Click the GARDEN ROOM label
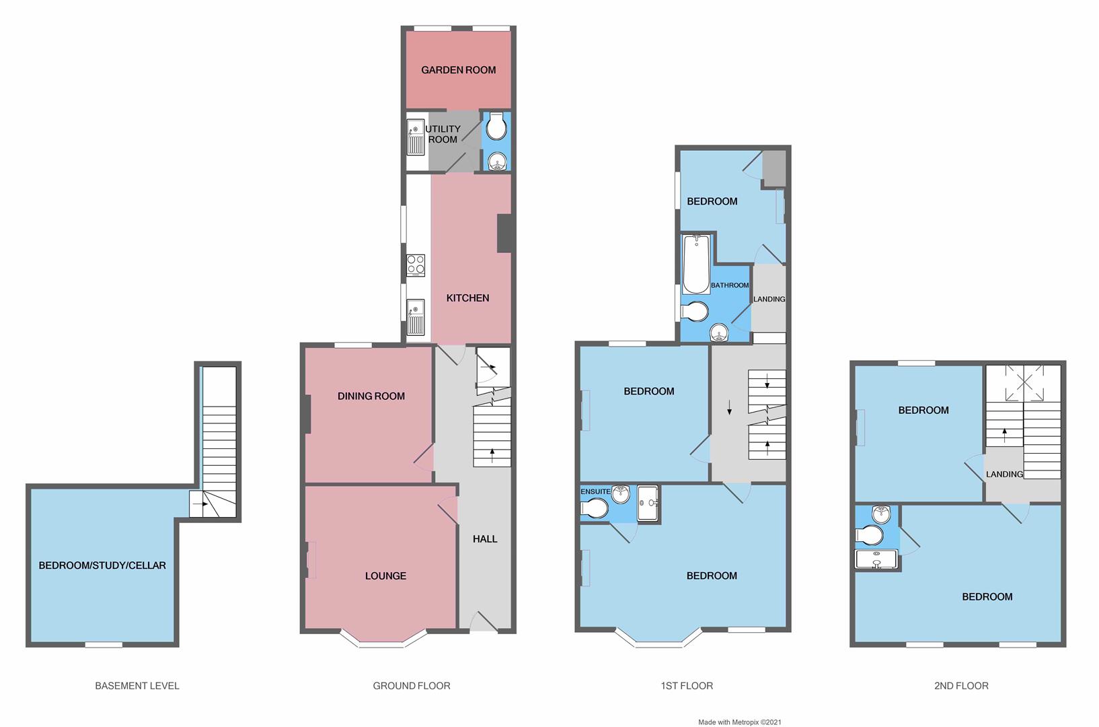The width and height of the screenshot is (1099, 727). pos(458,70)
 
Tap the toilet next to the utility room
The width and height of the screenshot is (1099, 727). pos(496,127)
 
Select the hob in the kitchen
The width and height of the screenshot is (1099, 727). pos(416,265)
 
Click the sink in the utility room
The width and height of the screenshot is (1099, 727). pos(416,137)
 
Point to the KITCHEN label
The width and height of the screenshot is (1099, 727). pos(467,298)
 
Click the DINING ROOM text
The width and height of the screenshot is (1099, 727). pos(371,396)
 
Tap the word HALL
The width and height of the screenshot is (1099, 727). pos(485,539)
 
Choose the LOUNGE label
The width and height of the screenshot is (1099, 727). pos(385,576)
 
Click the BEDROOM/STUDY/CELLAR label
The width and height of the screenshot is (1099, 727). pos(102,565)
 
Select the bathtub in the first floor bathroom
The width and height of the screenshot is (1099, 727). pos(696,264)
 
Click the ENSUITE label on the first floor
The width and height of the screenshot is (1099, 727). pos(595,491)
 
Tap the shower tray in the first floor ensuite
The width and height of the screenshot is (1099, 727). pos(648,503)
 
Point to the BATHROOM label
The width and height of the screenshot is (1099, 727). pos(730,285)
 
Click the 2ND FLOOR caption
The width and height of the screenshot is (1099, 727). pos(961,686)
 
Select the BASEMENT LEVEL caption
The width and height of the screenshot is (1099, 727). pos(137,686)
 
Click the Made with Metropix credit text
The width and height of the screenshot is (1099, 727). pos(739,722)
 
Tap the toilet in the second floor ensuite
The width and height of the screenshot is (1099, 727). pos(869,536)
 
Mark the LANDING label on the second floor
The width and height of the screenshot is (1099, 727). pos(1004,474)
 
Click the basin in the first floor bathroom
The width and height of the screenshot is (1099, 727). pos(719,333)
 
